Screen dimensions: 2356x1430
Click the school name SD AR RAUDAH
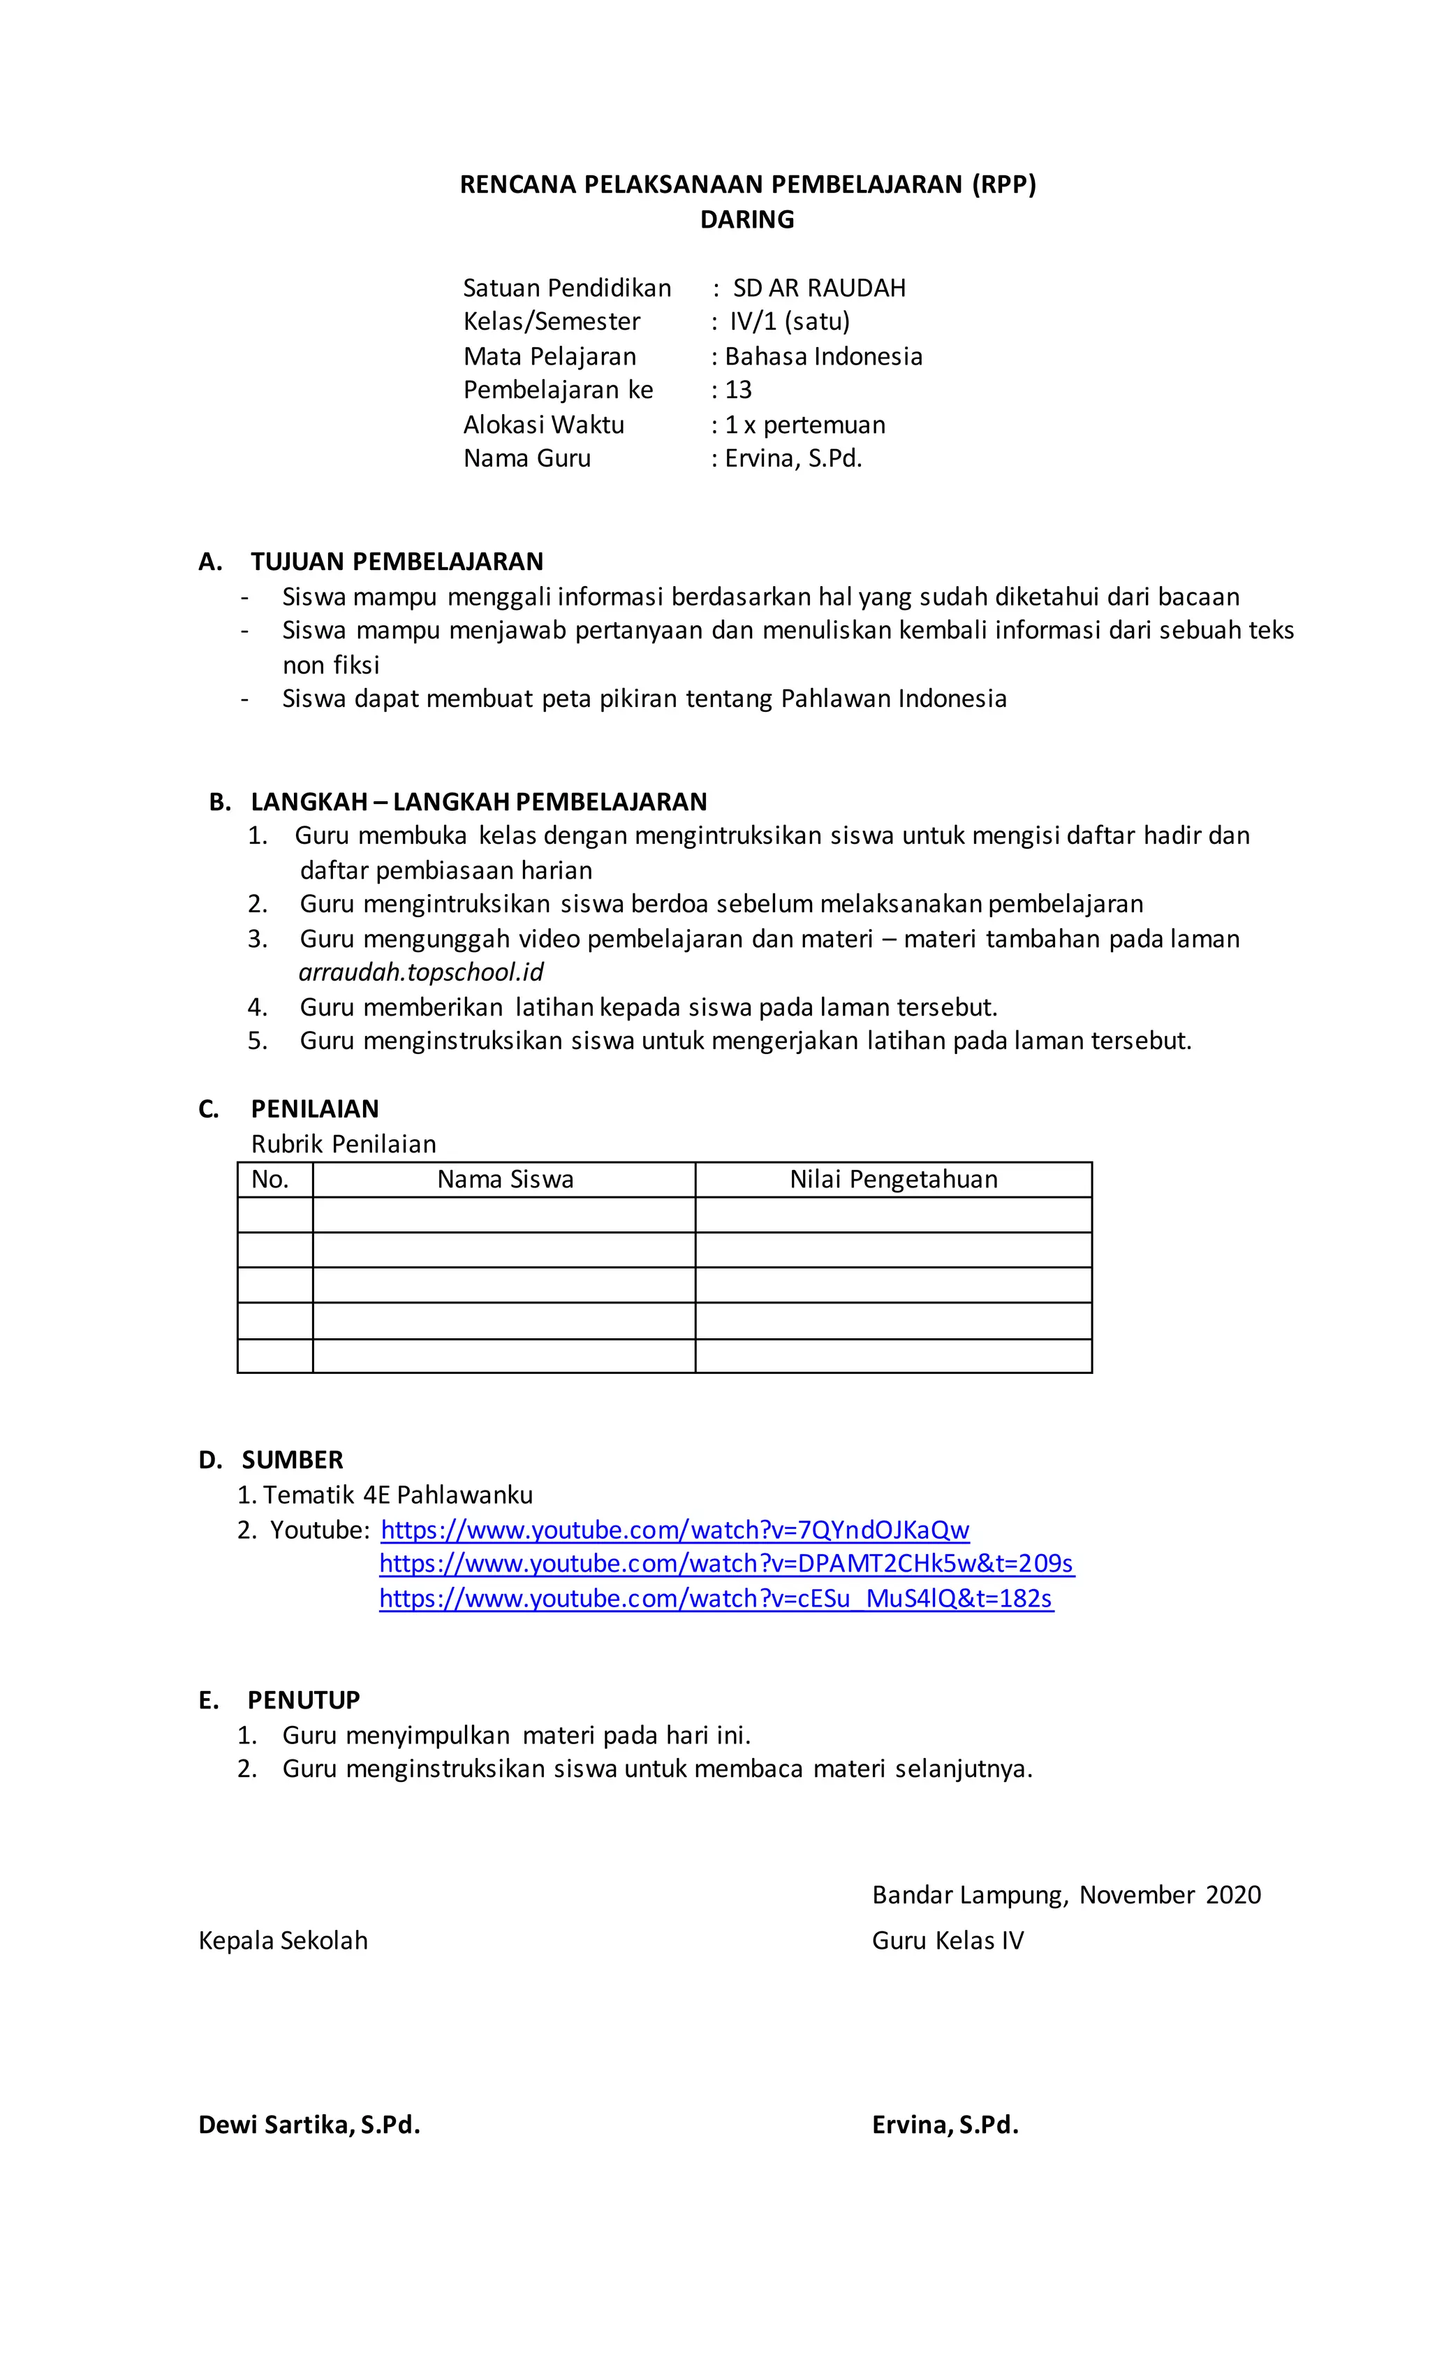818,288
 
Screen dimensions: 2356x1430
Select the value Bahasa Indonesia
823,357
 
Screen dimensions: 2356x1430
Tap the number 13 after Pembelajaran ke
738,390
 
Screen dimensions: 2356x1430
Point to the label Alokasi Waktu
543,425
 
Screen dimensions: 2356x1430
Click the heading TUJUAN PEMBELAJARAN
397,562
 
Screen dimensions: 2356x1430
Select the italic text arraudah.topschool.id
420,972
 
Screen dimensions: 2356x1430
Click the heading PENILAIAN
314,1109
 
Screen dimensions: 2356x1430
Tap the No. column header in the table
270,1180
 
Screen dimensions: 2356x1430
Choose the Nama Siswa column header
505,1180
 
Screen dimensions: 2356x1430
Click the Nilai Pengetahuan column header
893,1180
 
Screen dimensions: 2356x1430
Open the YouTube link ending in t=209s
726,1565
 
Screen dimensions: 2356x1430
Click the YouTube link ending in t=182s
716,1599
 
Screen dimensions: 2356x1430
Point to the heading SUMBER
292,1460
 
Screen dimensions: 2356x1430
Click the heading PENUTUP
303,1700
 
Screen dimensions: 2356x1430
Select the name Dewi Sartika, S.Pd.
309,2125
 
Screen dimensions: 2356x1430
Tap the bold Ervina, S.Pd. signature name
945,2125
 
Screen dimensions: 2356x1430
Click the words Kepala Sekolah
283,1941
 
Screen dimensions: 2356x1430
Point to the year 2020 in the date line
1233,1895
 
